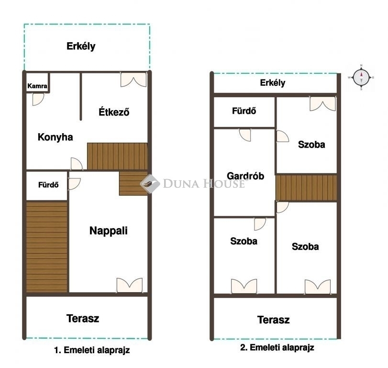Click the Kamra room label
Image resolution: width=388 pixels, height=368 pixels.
(37, 86)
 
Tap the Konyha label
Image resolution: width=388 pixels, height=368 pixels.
(55, 137)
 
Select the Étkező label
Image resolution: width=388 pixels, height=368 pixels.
(114, 112)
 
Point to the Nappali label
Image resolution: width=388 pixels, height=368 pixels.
(109, 230)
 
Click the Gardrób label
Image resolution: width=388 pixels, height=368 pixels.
(245, 176)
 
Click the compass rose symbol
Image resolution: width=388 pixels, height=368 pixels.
(361, 77)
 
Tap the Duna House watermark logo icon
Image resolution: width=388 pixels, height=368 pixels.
(150, 184)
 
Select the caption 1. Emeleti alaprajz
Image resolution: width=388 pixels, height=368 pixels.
(92, 350)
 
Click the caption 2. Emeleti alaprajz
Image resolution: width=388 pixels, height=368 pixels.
(277, 347)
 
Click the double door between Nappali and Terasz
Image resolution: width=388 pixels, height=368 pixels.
(130, 285)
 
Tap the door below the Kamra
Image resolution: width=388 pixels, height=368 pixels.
(38, 100)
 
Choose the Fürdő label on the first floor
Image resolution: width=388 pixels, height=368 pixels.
(48, 185)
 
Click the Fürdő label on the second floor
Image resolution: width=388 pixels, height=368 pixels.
(244, 111)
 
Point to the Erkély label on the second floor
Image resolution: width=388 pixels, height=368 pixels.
(272, 83)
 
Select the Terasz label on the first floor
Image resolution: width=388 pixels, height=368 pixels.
(83, 319)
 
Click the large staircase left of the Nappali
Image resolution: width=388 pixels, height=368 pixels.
(47, 247)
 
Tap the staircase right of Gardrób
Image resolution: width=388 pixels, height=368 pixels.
(306, 188)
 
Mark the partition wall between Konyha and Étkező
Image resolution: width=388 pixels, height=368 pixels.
(81, 96)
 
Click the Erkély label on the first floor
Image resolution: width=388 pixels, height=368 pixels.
(81, 46)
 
